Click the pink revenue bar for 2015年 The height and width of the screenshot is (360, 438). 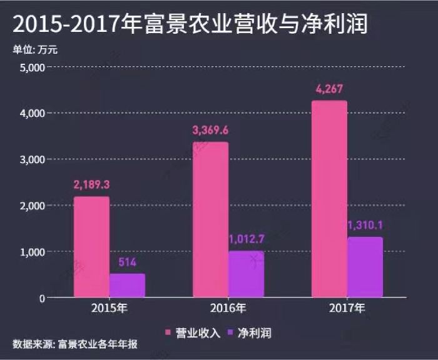point(91,247)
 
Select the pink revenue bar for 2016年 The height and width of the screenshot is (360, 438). point(210,219)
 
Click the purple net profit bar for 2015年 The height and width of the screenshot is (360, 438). point(127,285)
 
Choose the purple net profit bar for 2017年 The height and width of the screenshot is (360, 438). point(365,267)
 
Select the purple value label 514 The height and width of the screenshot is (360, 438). point(127,262)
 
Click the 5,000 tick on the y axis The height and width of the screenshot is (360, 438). point(32,67)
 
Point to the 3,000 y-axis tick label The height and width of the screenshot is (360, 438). point(32,159)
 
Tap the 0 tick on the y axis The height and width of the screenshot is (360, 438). point(41,298)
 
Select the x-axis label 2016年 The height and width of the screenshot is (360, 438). point(228,309)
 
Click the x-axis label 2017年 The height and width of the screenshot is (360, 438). point(347,309)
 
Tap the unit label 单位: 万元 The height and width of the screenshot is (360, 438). point(35,49)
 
